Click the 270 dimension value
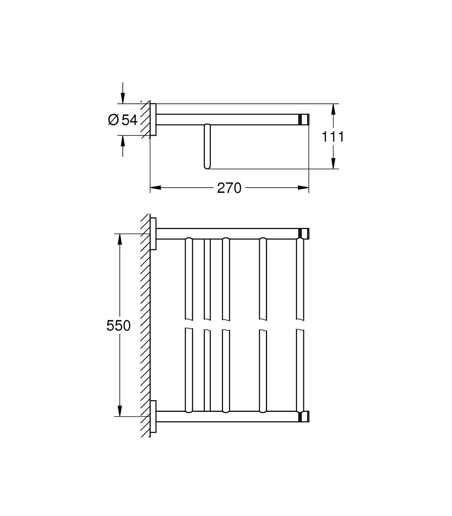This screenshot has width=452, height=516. pos(229,188)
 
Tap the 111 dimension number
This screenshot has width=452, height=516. pos(333,137)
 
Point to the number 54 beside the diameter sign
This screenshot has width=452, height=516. pos(130,120)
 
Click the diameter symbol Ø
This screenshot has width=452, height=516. pos(113,120)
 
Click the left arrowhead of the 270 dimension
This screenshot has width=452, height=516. pos(156,188)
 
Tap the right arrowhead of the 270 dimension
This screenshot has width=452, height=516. pos(303,188)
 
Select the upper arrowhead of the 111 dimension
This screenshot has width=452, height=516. pos(333,109)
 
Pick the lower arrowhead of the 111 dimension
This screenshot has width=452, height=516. pos(333,164)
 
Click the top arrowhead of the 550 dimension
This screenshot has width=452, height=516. pos(120,239)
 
